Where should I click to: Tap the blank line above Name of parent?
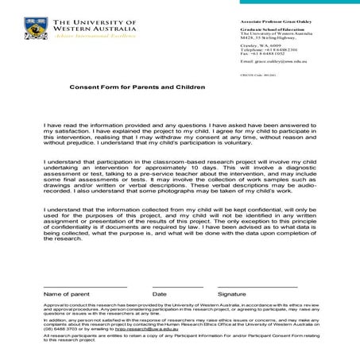(x=85, y=286)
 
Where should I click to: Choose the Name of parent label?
(x=67, y=294)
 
